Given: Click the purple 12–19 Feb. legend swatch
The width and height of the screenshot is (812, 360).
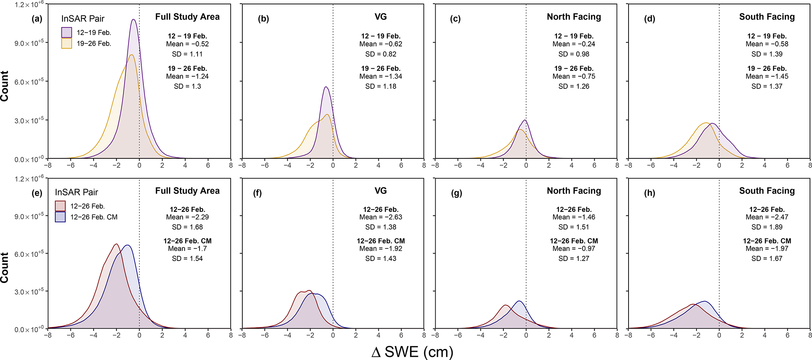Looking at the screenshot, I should tap(66, 33).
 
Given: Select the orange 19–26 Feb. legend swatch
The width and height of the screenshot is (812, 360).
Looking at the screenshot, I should tap(66, 43).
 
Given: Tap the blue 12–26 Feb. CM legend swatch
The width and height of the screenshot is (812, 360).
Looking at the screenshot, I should tap(60, 217).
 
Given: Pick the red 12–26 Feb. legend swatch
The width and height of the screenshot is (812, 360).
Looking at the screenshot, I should tap(60, 206).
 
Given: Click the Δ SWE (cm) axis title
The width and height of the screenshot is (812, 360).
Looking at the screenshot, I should tap(412, 352).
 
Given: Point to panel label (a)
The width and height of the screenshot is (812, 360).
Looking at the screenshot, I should tap(37, 19).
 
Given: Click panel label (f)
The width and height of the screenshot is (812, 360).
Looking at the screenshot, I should tap(257, 193).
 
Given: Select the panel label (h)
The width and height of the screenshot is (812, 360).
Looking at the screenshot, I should tap(649, 193).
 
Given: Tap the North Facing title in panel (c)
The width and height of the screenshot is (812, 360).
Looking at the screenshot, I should tap(574, 17).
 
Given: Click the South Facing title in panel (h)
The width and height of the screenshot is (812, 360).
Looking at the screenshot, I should tap(767, 191).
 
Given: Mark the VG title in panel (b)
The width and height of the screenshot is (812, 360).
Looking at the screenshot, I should tap(380, 17).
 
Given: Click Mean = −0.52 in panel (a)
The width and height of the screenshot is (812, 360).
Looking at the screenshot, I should tap(187, 44).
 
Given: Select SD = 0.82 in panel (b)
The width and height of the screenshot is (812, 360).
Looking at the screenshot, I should tap(380, 54).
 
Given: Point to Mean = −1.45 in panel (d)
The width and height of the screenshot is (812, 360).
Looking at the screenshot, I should tap(767, 76).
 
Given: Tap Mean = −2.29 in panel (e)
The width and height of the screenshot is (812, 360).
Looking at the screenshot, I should tap(187, 217).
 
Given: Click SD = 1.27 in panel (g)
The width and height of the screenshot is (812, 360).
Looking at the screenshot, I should tap(574, 259).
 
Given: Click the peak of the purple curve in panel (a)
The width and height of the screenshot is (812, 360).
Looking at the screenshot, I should tap(134, 19).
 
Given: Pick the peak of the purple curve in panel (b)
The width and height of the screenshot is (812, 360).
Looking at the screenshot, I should tap(326, 87).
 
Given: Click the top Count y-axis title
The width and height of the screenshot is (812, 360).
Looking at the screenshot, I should tap(5, 86).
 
